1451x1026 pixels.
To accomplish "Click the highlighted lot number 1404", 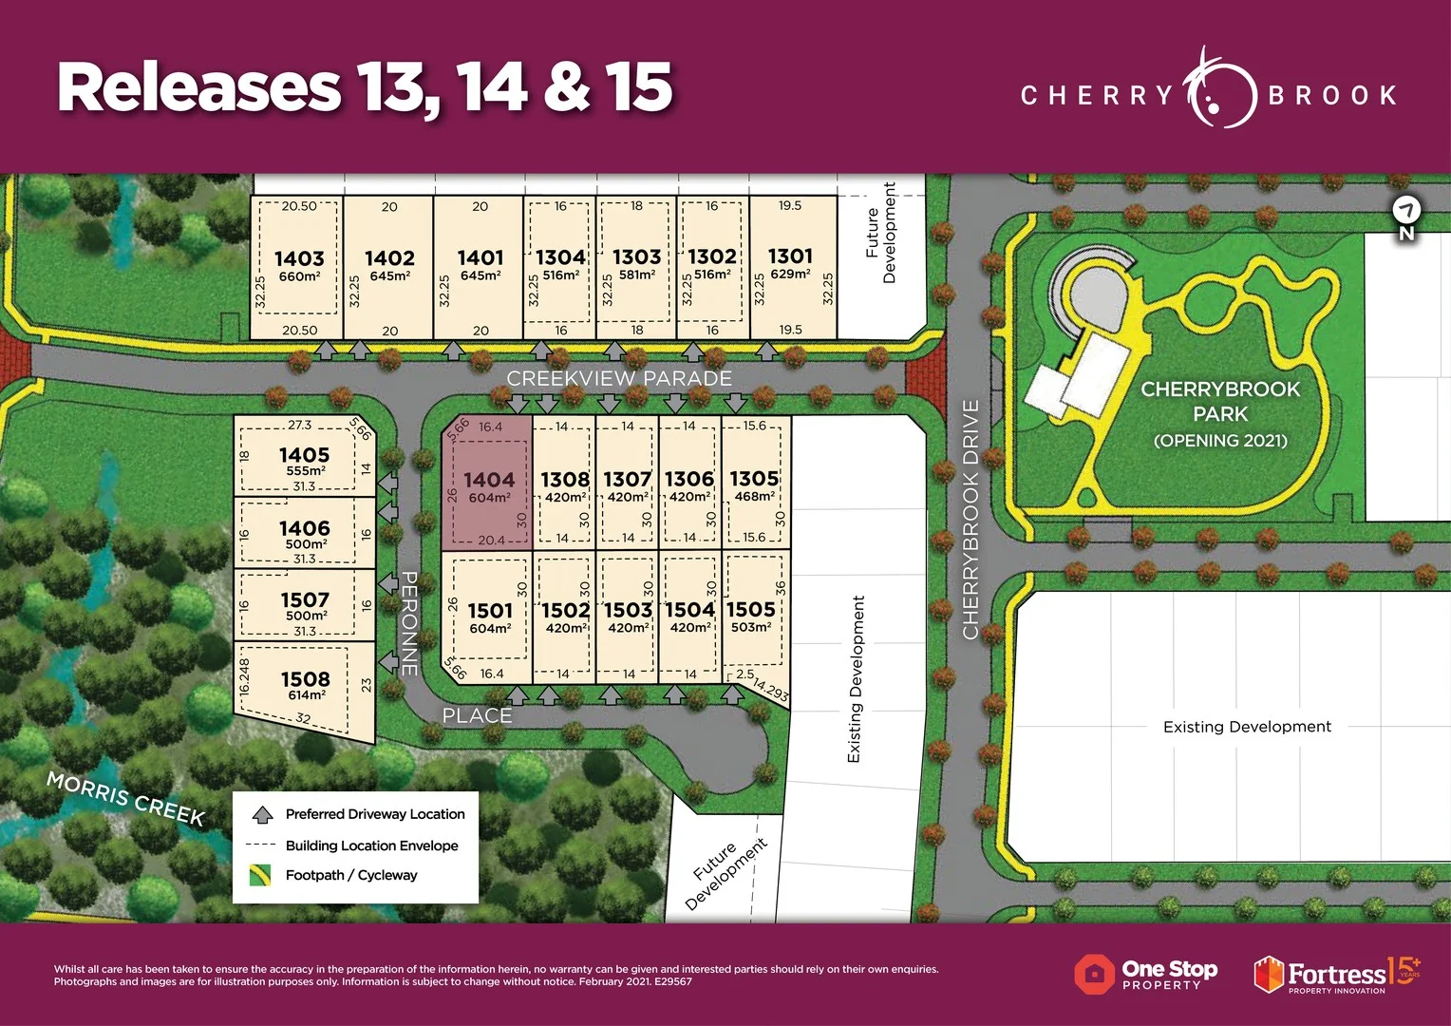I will [x=489, y=480].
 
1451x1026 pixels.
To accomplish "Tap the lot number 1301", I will [x=790, y=256].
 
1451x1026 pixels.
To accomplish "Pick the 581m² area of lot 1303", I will [x=636, y=275].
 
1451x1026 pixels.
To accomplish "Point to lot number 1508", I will [x=305, y=679].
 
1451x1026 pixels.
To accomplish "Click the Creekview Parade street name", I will [x=619, y=378].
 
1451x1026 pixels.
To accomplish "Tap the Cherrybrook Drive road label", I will [x=970, y=519].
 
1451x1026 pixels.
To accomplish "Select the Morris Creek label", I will [x=125, y=798].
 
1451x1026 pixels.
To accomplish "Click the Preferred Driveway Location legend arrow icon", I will [x=262, y=814].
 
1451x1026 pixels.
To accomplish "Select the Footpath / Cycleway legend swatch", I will [x=259, y=875].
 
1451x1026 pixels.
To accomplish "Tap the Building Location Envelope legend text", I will [x=371, y=845].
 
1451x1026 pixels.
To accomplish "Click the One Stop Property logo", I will [x=1146, y=974].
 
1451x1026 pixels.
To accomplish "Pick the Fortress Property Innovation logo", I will [x=1336, y=975].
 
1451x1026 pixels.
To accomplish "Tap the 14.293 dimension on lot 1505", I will [x=770, y=690].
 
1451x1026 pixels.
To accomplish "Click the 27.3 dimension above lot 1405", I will [x=299, y=426].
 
